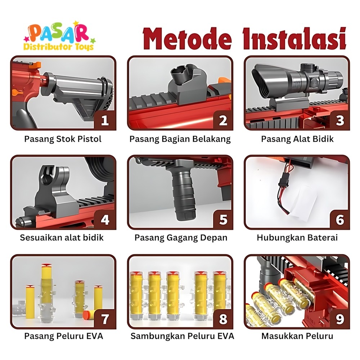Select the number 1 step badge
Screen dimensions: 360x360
point(105,120)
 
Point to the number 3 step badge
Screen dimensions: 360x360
point(340,120)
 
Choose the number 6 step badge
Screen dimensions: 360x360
point(340,220)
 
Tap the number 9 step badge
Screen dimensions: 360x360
point(340,319)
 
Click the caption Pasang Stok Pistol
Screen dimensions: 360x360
point(63,139)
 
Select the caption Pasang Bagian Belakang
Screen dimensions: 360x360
point(180,139)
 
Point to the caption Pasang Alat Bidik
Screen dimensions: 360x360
point(297,139)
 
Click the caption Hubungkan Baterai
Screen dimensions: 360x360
point(297,237)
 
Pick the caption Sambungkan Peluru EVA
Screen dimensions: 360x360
point(182,336)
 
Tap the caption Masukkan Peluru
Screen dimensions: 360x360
point(297,336)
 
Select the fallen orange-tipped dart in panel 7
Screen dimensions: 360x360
point(89,314)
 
